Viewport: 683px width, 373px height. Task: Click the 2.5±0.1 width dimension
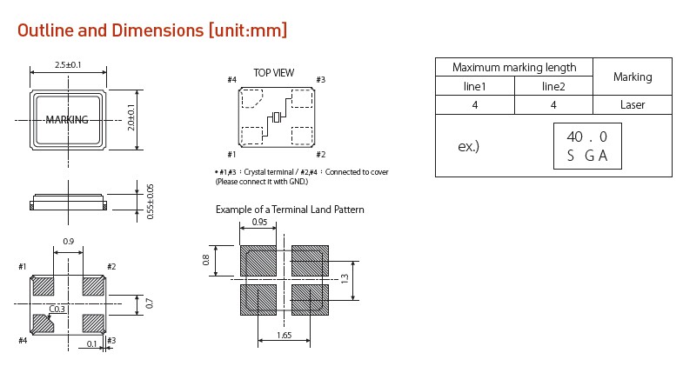pos(68,64)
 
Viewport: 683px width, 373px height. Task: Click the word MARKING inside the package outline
pos(67,120)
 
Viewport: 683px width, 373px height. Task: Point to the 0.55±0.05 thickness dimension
pos(150,201)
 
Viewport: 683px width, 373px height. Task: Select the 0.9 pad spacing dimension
pos(68,242)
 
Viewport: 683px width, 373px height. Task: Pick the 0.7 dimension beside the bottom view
pos(150,303)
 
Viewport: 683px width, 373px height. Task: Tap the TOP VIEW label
pos(273,73)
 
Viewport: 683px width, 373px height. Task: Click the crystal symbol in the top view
pos(277,118)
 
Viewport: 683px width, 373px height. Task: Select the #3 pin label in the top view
pos(321,80)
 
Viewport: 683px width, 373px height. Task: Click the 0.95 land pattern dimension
pos(258,222)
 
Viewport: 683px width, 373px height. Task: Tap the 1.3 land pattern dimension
pos(345,279)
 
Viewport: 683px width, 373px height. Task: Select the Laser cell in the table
pos(633,105)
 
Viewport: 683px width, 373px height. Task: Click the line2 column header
pos(553,86)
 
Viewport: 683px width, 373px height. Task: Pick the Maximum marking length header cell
pos(514,68)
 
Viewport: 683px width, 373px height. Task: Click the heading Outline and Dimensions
pos(153,30)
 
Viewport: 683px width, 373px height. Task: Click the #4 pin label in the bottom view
pos(22,340)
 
